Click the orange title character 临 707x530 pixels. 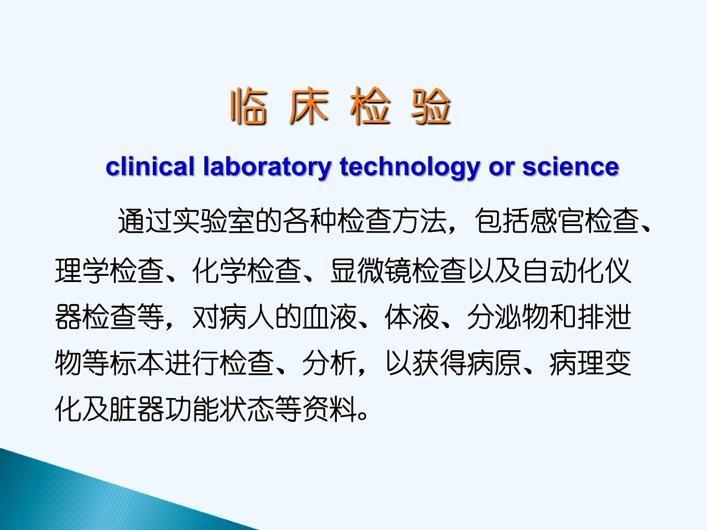point(248,105)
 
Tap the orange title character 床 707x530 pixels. point(309,105)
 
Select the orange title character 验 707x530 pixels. point(430,105)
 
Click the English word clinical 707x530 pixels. point(150,166)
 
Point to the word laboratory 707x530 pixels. point(267,168)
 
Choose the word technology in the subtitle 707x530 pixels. point(410,168)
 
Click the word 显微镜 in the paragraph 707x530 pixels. point(371,271)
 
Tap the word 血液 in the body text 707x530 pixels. point(330,317)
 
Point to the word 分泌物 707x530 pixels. point(508,317)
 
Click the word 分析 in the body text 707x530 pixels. point(330,363)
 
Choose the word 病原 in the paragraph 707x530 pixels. point(494,363)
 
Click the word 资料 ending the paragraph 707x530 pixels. point(330,409)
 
